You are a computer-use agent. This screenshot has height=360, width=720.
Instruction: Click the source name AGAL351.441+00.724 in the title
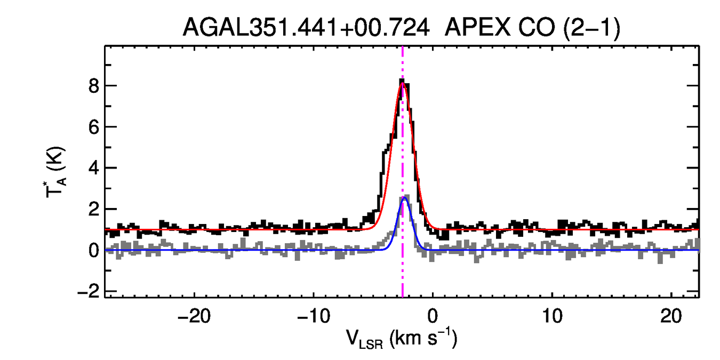[x=306, y=28]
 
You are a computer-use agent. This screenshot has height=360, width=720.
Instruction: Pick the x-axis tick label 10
[x=552, y=316]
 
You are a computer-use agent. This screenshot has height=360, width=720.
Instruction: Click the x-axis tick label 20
[x=671, y=316]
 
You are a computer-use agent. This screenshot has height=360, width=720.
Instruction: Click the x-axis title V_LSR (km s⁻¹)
[x=402, y=340]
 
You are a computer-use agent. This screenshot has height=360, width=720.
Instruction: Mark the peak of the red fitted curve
[x=402, y=84]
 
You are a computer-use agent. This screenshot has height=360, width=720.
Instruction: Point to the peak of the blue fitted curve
[x=404, y=198]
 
